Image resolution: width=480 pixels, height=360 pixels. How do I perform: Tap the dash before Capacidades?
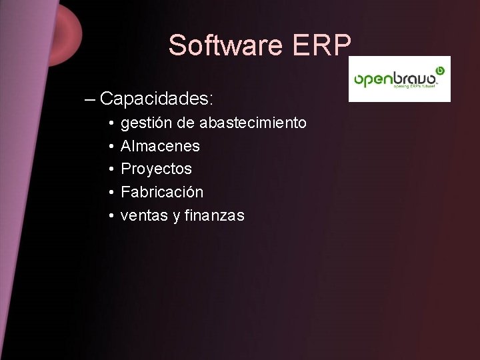tap(91, 99)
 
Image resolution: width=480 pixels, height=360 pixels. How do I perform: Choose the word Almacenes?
tap(160, 146)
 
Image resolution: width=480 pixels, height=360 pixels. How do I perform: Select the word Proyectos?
tap(156, 169)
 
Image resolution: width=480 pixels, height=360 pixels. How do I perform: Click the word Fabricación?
tap(162, 192)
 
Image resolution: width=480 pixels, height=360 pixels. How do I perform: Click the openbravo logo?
tap(399, 79)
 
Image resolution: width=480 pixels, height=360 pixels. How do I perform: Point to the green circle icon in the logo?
tap(439, 69)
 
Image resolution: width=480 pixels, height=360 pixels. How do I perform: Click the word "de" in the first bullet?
tap(185, 123)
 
